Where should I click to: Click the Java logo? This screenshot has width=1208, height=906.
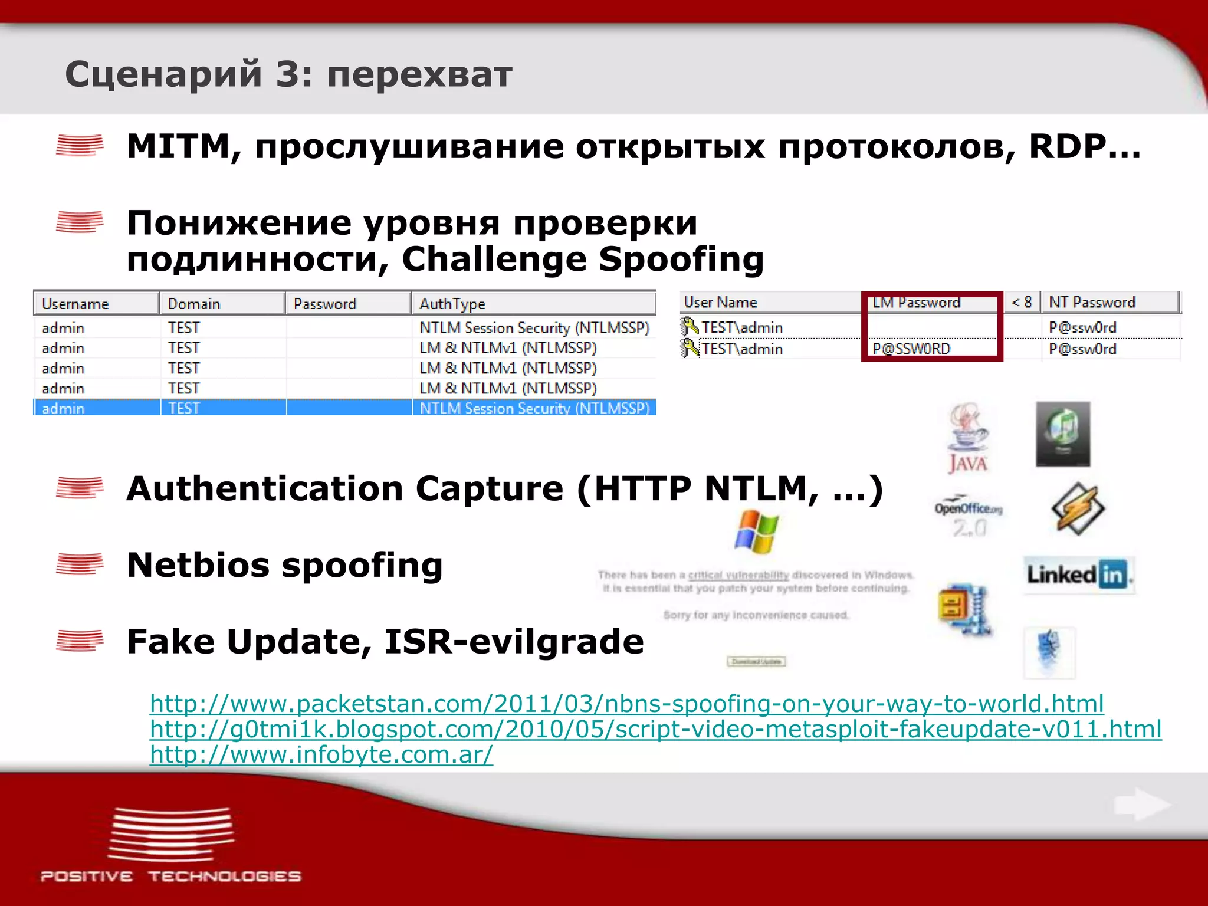[x=968, y=437]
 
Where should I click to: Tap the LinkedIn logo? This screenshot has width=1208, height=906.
[x=1079, y=574]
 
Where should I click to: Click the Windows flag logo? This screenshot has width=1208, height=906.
[x=756, y=531]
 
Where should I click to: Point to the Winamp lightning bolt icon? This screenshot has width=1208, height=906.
[x=1078, y=508]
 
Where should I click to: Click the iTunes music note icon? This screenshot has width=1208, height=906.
[x=1063, y=434]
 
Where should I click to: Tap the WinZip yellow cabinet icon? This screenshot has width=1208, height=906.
[x=964, y=610]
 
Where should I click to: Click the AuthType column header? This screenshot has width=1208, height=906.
[x=452, y=304]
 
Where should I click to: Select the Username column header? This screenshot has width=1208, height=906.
[x=75, y=304]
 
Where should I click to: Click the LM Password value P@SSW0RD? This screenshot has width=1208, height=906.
[x=911, y=349]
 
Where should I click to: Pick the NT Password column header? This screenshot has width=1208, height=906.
[x=1091, y=302]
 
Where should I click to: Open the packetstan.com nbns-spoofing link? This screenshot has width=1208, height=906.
[x=626, y=704]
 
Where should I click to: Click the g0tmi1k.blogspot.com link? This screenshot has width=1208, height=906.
[x=655, y=729]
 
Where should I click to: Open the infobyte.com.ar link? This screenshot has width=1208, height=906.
[x=321, y=754]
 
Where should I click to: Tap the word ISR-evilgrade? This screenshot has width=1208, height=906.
[x=514, y=641]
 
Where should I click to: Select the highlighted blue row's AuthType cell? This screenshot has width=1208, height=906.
[x=534, y=408]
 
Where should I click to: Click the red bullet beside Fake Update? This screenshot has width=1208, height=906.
[x=80, y=641]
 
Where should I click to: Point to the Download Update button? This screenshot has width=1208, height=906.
[x=756, y=662]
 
